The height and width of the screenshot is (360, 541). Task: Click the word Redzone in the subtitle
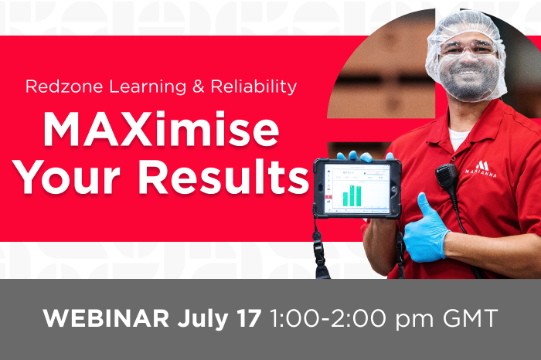64,87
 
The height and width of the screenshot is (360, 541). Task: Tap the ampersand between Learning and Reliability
199,87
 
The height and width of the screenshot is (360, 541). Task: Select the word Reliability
253,87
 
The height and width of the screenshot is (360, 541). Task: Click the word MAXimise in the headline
161,130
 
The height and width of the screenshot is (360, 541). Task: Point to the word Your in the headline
68,178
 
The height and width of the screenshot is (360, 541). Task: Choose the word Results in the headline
223,177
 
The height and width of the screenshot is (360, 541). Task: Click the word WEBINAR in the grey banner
106,318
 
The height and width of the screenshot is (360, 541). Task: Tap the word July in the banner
202,319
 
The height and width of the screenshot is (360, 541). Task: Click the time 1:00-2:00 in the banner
328,318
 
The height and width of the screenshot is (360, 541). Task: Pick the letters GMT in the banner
470,318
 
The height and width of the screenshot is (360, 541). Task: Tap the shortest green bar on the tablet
345,199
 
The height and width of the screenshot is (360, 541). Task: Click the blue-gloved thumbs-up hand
426,229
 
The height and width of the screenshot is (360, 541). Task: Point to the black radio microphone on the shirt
447,177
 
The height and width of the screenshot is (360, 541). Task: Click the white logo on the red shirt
481,169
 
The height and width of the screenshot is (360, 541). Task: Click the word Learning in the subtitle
148,87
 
